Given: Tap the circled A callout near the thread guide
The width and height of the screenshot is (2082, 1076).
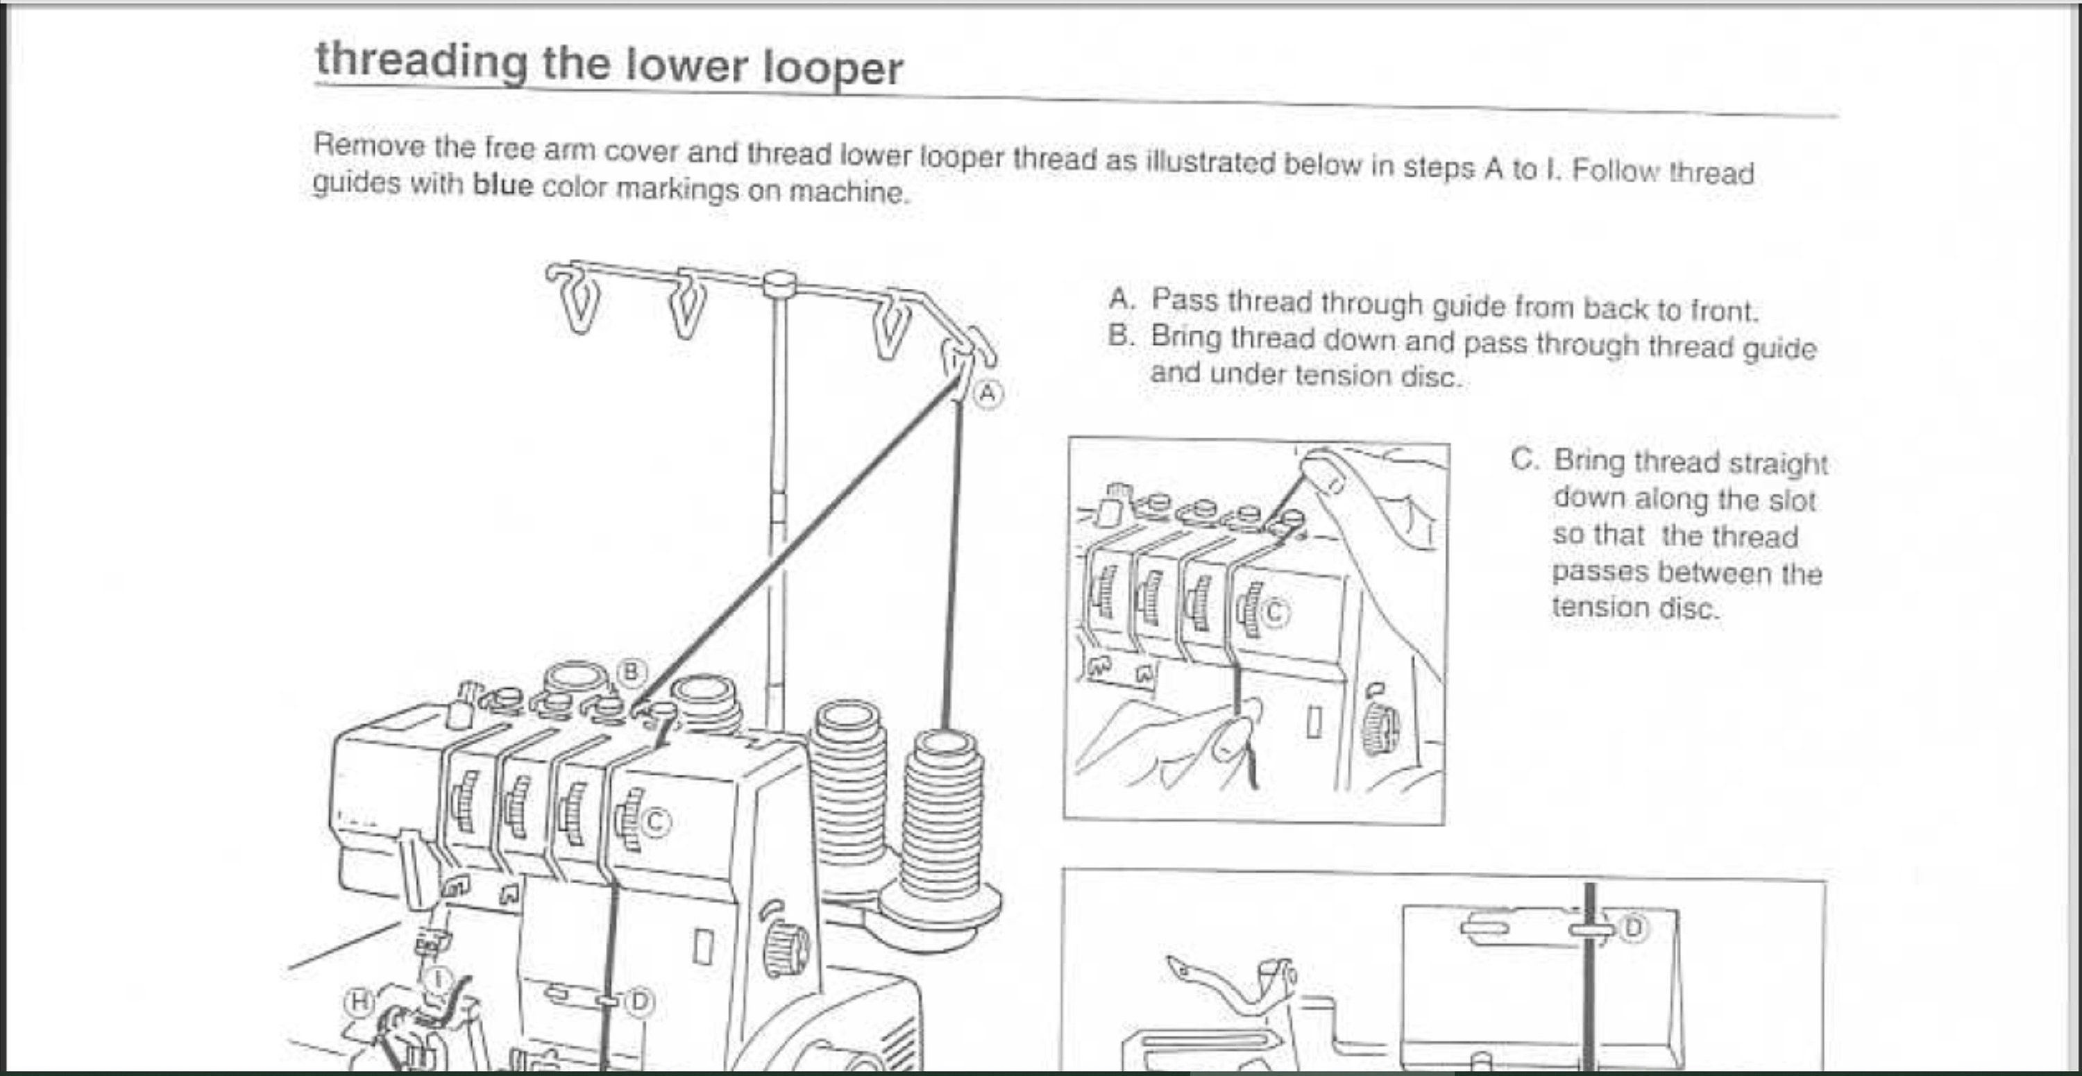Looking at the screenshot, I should [x=988, y=394].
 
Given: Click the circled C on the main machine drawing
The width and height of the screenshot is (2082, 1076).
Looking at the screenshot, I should [x=655, y=823].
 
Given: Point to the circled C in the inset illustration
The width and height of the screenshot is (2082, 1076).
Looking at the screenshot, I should [x=1275, y=614].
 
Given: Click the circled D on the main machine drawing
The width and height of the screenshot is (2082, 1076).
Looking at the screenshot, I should [x=639, y=1002].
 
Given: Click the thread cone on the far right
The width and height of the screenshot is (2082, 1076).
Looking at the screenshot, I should [x=942, y=825].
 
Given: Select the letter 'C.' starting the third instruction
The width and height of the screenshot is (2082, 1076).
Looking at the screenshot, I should [x=1523, y=460].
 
